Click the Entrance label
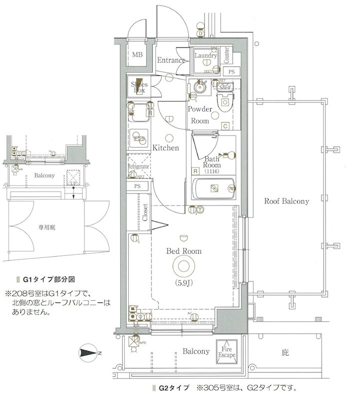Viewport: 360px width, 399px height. click(171, 60)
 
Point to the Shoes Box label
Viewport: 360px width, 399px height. click(138, 88)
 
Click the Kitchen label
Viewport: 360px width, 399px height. click(166, 148)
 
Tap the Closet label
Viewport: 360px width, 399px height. click(145, 212)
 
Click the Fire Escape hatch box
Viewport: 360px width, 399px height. click(226, 352)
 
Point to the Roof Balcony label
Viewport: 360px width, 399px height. click(286, 201)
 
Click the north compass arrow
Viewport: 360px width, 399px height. click(89, 353)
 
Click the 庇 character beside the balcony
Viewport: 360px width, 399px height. click(285, 353)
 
